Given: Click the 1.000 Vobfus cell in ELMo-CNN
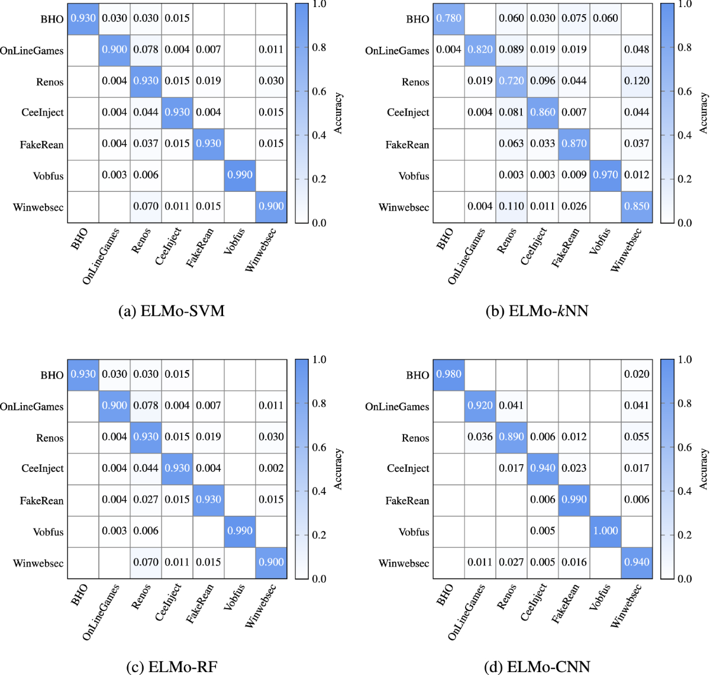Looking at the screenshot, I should (605, 531).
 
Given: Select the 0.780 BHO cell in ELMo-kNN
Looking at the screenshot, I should (448, 18).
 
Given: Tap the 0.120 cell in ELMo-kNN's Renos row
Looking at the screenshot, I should (637, 81).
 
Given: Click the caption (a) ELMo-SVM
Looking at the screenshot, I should (172, 311).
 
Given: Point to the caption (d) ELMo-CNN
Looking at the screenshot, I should (537, 667).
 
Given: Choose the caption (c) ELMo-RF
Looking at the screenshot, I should (172, 667).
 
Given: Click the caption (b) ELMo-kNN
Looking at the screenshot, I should (537, 311).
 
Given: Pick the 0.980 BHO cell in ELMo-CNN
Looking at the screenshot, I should (448, 374).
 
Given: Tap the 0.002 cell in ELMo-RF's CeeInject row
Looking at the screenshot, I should (271, 468).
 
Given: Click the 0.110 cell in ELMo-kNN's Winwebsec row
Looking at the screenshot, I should (511, 207).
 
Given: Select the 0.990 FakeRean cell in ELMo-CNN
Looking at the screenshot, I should (574, 500).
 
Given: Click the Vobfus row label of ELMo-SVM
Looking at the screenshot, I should (49, 176).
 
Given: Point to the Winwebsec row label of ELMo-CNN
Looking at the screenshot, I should (404, 563).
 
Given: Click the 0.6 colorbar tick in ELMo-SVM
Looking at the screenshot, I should (319, 92).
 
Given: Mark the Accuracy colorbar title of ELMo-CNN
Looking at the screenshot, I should (703, 468).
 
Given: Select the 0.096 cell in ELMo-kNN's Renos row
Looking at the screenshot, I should (543, 81).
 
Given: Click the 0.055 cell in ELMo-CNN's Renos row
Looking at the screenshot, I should (637, 437).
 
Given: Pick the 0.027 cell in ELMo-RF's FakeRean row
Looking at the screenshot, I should (146, 500).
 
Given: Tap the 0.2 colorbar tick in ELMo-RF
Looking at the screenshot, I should (319, 535).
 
